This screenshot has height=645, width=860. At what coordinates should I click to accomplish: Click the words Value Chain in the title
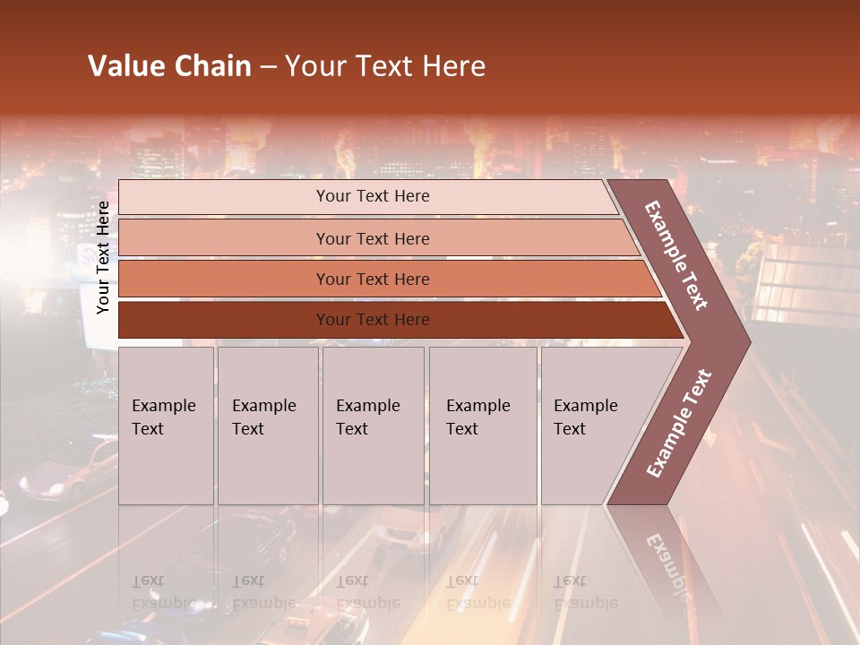click(169, 66)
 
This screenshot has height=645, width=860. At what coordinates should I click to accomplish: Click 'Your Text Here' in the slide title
click(385, 66)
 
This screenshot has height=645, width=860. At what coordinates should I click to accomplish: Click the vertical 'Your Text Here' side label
click(103, 257)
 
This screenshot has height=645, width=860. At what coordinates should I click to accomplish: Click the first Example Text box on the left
click(166, 425)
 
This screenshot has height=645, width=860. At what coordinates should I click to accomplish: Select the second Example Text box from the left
click(267, 425)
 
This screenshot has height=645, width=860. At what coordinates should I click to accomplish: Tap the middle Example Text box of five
click(373, 425)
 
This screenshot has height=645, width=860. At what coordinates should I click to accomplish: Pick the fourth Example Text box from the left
click(482, 425)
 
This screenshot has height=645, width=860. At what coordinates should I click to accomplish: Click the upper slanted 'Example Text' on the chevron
click(677, 255)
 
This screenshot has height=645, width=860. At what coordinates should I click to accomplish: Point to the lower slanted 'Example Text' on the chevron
click(679, 424)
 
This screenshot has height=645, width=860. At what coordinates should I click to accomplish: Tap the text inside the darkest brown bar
click(373, 320)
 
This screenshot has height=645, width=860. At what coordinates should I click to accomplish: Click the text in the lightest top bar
click(373, 196)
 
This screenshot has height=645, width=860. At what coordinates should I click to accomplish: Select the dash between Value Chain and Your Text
click(268, 67)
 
